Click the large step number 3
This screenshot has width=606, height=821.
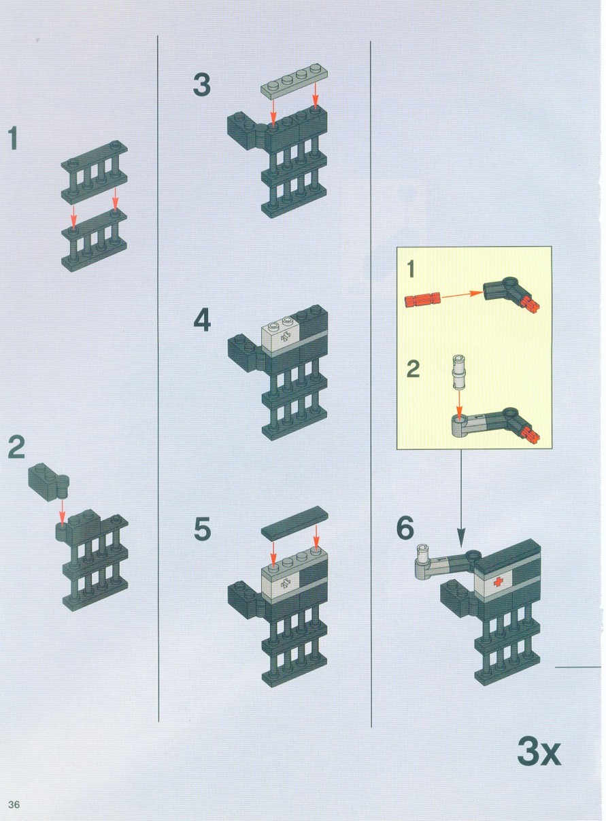pos(202,85)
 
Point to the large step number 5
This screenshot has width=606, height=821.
pos(203,528)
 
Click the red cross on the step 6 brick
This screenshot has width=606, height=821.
pos(498,582)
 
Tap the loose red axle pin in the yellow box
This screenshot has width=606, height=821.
pos(422,300)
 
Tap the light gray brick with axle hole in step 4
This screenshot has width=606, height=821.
pos(282,335)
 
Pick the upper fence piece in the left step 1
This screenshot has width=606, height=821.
pos(95,172)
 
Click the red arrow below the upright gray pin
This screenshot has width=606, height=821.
pos(458,404)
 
